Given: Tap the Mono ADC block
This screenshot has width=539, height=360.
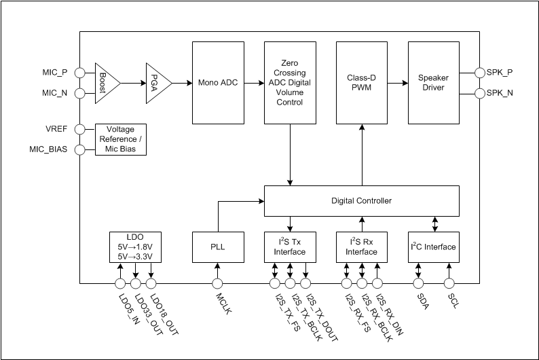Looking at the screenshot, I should (217, 83).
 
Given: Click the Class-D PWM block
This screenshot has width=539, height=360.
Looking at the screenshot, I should (361, 83).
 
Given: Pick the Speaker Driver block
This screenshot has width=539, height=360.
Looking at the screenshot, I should (433, 83).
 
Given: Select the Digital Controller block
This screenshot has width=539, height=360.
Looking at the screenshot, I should (361, 200).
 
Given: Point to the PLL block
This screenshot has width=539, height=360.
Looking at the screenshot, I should (217, 247).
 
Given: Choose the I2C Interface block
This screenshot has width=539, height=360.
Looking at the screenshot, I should (433, 247).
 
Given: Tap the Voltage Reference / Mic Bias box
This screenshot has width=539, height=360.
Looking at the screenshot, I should (122, 139).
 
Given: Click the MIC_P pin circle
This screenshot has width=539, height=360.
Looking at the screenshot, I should (79, 73).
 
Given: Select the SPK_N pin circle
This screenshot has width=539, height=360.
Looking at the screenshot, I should (479, 92).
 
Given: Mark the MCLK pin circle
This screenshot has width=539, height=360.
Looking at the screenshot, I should (217, 284).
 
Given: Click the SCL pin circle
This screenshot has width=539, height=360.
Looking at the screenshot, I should (449, 284).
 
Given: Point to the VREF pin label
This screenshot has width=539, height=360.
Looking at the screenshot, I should (55, 129).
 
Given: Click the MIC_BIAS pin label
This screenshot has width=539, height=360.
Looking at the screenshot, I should (48, 149).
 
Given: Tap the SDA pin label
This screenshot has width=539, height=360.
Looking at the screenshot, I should (422, 299).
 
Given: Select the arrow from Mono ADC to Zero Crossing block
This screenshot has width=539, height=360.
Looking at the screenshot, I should (253, 83).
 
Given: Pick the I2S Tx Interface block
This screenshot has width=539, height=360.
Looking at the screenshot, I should (289, 247).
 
